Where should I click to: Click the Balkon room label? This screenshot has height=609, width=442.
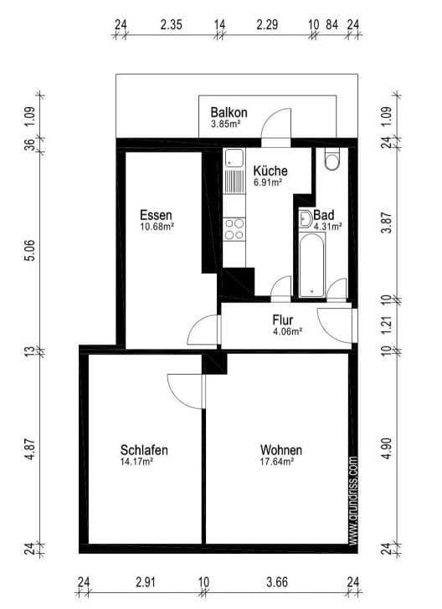point(228,112)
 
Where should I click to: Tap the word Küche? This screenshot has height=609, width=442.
point(269,170)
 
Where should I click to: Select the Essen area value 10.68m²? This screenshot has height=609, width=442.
point(157,225)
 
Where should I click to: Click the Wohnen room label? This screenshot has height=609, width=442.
point(280,450)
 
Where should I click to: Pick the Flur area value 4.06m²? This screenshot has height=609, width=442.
point(287,330)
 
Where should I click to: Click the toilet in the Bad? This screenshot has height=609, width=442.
point(331,159)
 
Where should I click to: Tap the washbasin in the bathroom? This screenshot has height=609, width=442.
point(306,220)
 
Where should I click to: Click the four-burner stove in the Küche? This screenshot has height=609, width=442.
point(234,228)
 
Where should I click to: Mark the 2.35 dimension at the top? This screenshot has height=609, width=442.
point(172,24)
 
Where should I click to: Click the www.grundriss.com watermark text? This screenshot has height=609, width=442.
point(353,500)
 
